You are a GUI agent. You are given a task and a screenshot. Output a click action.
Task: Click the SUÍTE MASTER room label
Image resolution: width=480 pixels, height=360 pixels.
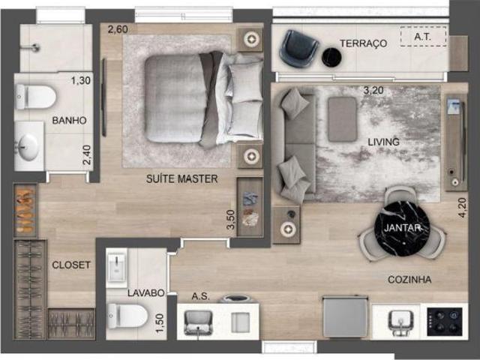(x=181, y=178)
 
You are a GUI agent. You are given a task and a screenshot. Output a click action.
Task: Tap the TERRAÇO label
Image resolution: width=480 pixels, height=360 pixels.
(x=363, y=43)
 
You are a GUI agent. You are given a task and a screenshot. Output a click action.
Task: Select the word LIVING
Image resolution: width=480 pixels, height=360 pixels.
(x=383, y=142)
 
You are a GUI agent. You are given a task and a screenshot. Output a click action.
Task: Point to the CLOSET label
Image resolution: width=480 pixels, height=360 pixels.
(x=71, y=265)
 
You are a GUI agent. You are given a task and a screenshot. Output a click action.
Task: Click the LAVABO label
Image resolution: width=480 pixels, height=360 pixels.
(x=146, y=293)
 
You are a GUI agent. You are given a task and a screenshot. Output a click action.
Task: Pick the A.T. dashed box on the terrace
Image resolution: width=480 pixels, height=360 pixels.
(x=423, y=37)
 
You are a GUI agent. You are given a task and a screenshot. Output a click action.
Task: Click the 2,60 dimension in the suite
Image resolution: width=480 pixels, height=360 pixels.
(x=118, y=29)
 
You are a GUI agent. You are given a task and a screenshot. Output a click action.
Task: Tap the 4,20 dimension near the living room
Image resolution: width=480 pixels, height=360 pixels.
(x=462, y=208)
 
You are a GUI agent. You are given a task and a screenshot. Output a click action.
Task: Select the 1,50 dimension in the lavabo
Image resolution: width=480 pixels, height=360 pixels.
(x=160, y=323)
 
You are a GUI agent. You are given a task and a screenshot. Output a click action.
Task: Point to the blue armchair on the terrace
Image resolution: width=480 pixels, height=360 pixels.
(x=298, y=48)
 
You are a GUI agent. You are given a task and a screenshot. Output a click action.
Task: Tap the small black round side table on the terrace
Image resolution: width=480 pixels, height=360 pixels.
(x=331, y=57)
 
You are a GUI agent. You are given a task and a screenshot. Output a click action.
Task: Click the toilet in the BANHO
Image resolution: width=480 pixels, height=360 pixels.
(x=35, y=97)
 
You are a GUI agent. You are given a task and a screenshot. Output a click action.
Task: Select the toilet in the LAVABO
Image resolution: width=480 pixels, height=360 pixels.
(x=128, y=316)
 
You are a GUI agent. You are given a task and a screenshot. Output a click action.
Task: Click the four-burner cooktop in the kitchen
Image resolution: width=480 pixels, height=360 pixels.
(x=445, y=322)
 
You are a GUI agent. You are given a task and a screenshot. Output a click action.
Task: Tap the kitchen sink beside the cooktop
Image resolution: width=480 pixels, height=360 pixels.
(x=400, y=322)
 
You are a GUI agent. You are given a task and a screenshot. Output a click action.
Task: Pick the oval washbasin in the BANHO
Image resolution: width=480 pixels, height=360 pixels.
(x=28, y=147)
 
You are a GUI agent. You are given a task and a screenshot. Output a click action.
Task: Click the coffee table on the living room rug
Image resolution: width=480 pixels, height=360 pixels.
(x=342, y=119)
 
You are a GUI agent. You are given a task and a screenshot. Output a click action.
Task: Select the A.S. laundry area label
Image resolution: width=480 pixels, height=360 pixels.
(x=201, y=296)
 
